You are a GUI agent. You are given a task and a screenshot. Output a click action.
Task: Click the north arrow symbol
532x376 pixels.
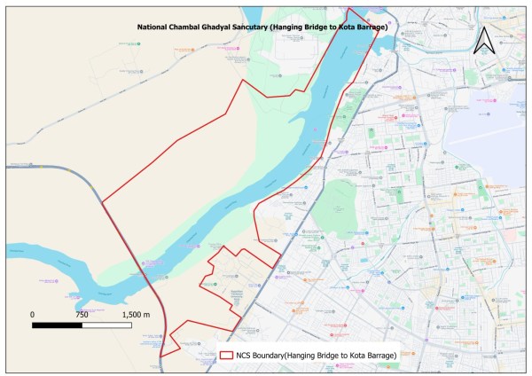pyautogui.click(x=484, y=41)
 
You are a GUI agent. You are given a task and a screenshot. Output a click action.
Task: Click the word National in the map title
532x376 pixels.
pyautogui.click(x=154, y=27)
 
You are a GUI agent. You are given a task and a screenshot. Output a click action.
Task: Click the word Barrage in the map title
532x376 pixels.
pyautogui.click(x=385, y=27)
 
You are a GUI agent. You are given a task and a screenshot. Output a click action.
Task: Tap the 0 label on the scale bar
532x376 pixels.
pyautogui.click(x=32, y=315)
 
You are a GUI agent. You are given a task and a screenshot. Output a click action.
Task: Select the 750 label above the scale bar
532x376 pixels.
pyautogui.click(x=82, y=315)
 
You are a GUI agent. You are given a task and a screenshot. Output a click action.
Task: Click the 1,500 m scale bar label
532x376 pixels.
pyautogui.click(x=135, y=315)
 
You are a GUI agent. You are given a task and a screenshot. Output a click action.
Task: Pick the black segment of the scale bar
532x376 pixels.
pyautogui.click(x=57, y=325)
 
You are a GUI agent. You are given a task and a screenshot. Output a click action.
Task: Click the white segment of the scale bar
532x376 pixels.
pyautogui.click(x=106, y=325)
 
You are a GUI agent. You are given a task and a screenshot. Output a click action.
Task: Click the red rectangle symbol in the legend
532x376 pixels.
pyautogui.click(x=226, y=356)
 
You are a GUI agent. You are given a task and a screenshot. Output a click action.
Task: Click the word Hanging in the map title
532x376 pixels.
pyautogui.click(x=309, y=27)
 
